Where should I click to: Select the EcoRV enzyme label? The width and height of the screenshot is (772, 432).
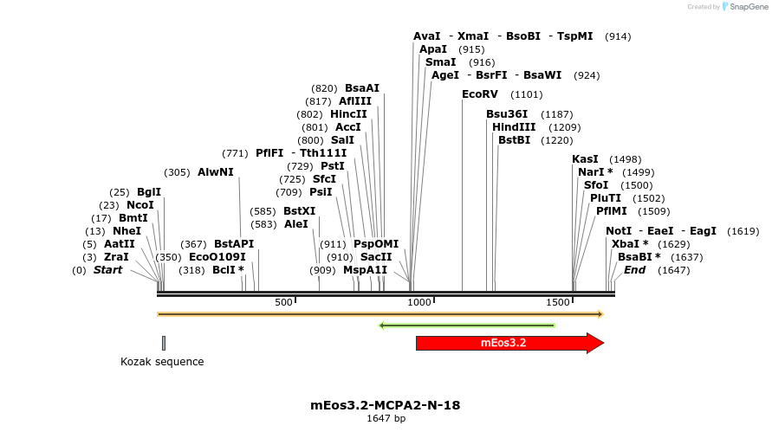tap(480, 93)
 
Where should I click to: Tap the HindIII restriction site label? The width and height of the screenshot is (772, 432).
tap(514, 127)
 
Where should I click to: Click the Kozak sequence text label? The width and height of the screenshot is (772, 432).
tap(162, 362)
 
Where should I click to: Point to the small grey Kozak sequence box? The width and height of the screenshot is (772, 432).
tap(163, 343)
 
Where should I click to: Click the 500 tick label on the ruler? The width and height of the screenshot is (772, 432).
tap(283, 302)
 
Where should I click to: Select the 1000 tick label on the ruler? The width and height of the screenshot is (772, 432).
tap(419, 302)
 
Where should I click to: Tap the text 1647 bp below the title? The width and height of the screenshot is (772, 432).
tap(386, 419)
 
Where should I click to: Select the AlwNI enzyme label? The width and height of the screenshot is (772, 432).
tap(216, 172)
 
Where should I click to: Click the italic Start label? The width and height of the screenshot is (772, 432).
tap(107, 270)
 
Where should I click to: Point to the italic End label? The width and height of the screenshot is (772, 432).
tap(634, 270)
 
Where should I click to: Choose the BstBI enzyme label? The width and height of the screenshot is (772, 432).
tap(514, 140)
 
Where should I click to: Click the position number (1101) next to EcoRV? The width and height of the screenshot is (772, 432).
tap(527, 94)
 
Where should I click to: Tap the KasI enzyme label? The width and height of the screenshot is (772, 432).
tap(585, 159)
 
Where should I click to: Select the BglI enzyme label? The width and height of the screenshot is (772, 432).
tap(149, 192)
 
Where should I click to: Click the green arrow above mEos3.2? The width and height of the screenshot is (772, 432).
tap(467, 326)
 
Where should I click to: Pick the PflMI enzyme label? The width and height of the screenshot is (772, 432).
tap(611, 211)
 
